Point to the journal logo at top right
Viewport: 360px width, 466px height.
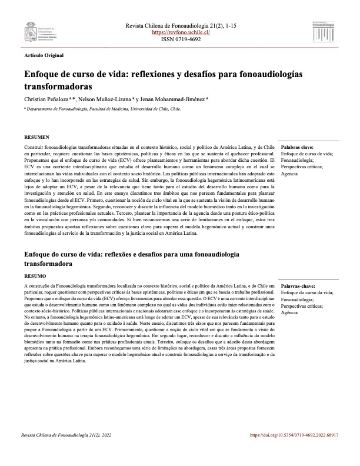[320, 30]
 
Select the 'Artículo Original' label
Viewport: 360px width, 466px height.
[44, 55]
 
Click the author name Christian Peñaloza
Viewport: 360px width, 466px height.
[48, 100]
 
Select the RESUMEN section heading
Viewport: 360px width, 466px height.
[35, 137]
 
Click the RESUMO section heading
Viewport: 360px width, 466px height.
[34, 275]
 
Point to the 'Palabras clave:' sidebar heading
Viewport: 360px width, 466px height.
[297, 147]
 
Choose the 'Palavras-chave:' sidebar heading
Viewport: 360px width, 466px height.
[298, 285]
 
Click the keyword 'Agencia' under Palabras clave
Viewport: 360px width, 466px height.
[290, 175]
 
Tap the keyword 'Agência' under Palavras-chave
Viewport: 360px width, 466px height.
[290, 314]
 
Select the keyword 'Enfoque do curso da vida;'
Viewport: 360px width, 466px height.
[308, 292]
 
